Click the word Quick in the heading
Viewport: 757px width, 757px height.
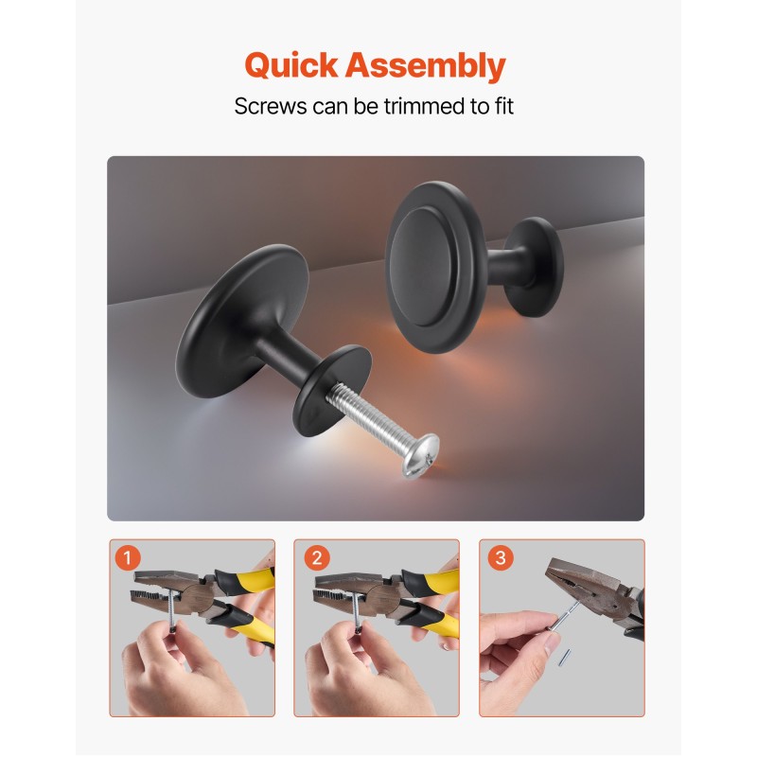point(291,65)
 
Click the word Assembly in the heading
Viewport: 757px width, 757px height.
point(425,65)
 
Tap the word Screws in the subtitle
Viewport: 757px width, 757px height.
point(271,106)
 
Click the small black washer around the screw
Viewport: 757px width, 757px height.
point(332,391)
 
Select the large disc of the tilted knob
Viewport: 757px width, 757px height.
point(241,321)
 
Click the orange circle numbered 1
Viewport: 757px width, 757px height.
point(128,558)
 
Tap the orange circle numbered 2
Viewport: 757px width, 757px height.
point(317,558)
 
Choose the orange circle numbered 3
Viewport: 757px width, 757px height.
point(501,557)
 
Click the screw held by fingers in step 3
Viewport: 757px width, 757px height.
point(562,617)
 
